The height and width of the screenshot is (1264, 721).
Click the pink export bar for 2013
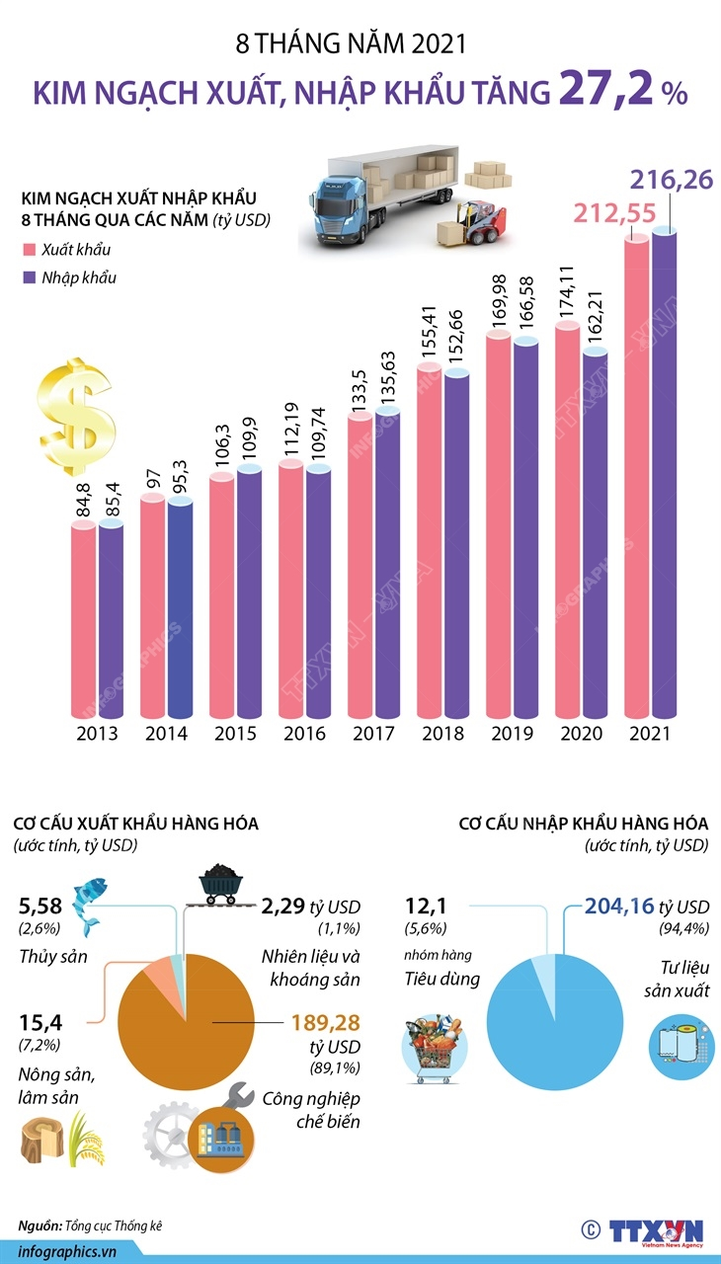(x=84, y=622)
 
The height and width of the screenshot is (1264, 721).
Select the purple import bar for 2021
(x=665, y=474)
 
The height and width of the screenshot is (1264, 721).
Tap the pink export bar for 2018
(x=430, y=543)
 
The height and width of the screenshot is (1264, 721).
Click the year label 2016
(x=304, y=735)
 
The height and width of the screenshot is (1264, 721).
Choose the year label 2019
(x=512, y=735)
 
